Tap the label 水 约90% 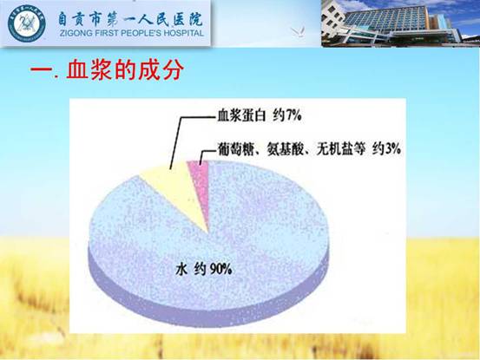[x=204, y=270]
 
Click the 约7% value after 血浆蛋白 [x=287, y=115]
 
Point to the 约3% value [x=386, y=149]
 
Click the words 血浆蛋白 [x=241, y=116]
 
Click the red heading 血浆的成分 [x=125, y=70]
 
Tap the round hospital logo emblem [x=27, y=23]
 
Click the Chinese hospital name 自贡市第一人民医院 [x=131, y=19]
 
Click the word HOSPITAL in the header [x=183, y=33]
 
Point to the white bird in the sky [x=299, y=32]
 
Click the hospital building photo [x=400, y=23]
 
